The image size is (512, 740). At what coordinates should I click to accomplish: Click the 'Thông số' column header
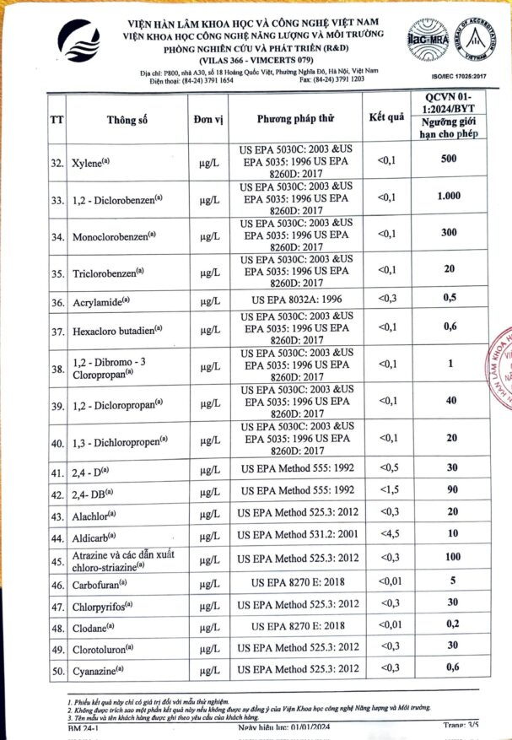[x=127, y=120]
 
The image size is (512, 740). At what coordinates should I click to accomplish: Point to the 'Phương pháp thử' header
[x=294, y=119]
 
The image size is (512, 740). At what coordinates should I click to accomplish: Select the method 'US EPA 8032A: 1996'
[x=294, y=300]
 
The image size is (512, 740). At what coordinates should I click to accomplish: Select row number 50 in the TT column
[x=57, y=671]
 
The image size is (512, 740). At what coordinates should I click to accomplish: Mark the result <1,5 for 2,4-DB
[x=385, y=490]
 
